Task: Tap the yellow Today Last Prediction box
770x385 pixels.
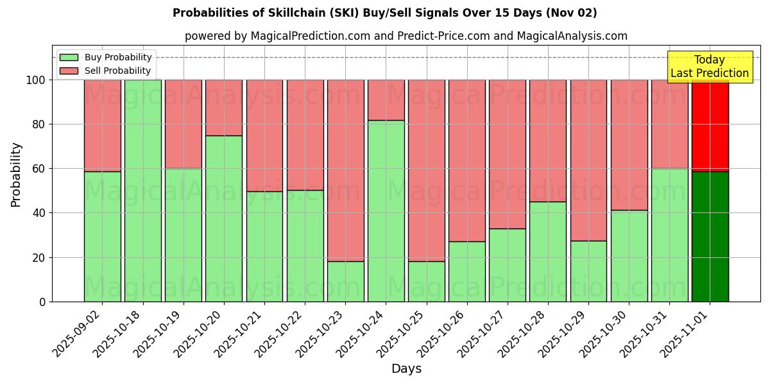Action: [x=709, y=67]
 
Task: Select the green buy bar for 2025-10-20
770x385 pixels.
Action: [x=224, y=218]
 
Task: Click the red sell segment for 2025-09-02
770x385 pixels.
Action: [x=102, y=125]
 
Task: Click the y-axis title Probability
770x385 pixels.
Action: [x=16, y=175]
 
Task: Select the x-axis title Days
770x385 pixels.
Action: [x=406, y=369]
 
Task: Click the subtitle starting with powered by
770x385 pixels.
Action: [x=406, y=36]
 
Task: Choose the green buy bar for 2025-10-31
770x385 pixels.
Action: [x=669, y=235]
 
